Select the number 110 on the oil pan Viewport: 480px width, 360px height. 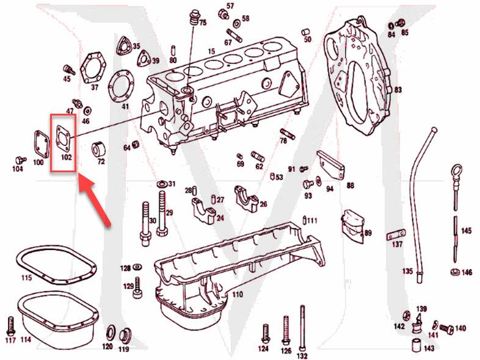tap(237, 294)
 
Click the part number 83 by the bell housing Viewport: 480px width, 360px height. tap(398, 90)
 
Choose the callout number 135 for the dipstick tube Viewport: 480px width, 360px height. tap(407, 270)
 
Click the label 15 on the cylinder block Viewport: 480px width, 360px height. tap(211, 51)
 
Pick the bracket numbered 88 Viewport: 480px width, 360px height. tap(331, 162)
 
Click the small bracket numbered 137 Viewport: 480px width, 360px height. tap(396, 235)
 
